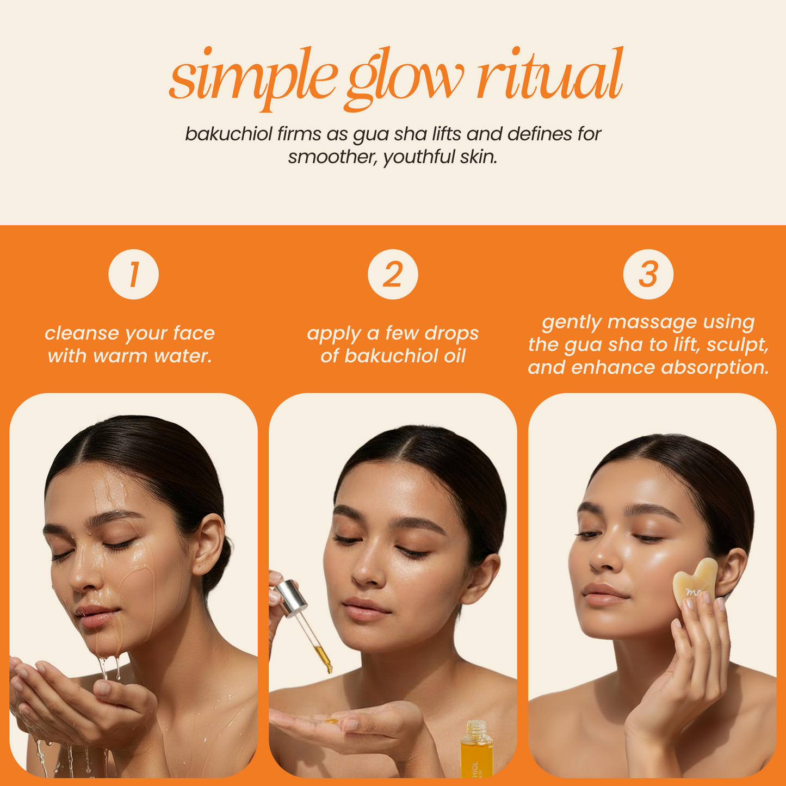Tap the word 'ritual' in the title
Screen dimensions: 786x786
549,76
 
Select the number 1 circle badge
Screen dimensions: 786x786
134,274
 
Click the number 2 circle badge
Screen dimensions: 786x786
393,274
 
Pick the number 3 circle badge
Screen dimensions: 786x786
648,274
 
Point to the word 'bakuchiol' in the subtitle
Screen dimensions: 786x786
228,134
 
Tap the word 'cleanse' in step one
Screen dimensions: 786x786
82,333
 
